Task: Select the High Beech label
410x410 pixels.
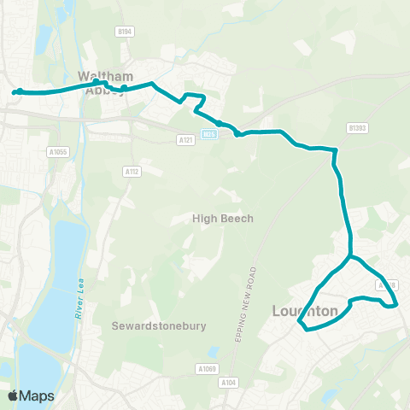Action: point(223,219)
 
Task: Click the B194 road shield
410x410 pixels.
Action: point(125,32)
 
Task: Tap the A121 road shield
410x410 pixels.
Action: point(185,139)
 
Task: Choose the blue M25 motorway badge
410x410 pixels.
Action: point(208,133)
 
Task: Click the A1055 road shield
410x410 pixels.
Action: point(56,151)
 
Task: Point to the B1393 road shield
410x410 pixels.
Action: point(356,127)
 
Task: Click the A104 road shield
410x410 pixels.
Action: point(228,382)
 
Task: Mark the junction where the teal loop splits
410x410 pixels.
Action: point(349,256)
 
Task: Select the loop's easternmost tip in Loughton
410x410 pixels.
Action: point(397,305)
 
